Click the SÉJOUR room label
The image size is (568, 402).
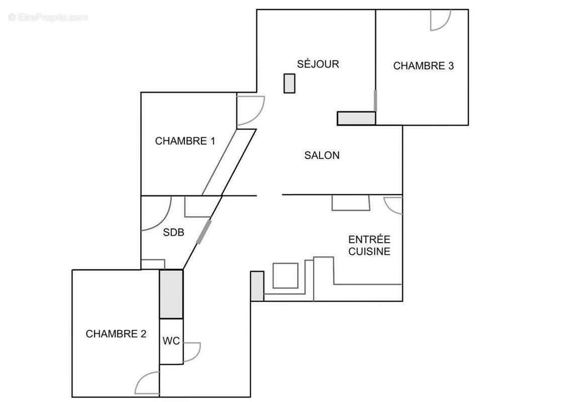(x=318, y=64)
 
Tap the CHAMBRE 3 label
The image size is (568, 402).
(x=423, y=66)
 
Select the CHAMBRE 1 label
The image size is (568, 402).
(x=185, y=141)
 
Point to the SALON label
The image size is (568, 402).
(x=322, y=155)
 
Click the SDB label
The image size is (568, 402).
(x=173, y=233)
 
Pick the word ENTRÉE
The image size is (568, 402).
(x=369, y=239)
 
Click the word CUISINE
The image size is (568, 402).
(x=369, y=251)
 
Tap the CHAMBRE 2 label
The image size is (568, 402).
(x=116, y=334)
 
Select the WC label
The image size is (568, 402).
(x=171, y=341)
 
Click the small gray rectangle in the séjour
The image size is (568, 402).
(x=289, y=83)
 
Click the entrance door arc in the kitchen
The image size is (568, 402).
(x=393, y=205)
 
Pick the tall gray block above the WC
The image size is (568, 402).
(x=171, y=294)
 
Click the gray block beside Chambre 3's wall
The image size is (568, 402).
(x=356, y=118)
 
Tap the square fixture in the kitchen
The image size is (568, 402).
(x=285, y=275)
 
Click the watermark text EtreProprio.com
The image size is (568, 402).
(x=48, y=18)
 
